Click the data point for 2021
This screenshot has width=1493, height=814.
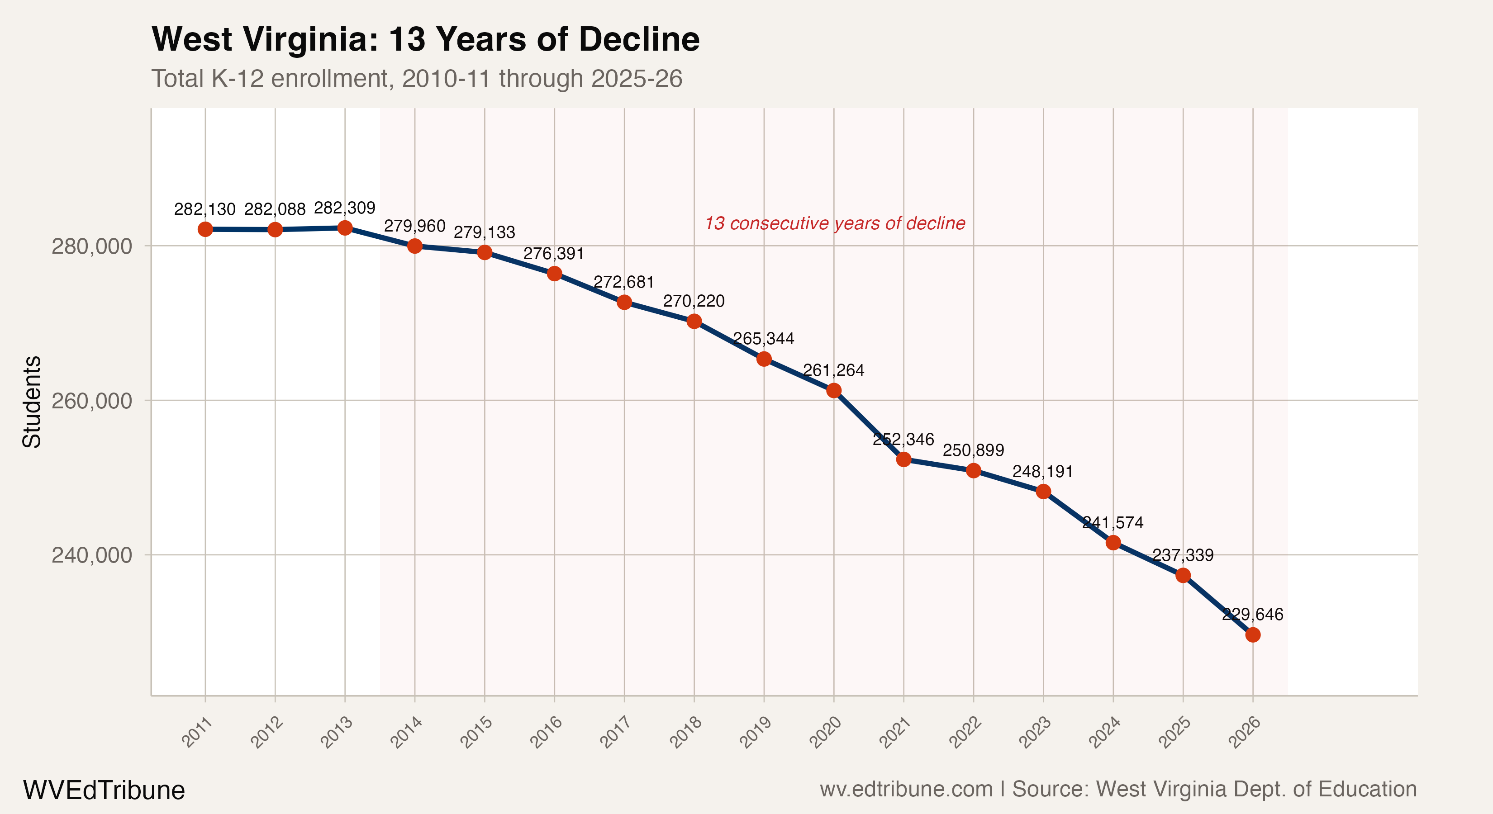903,459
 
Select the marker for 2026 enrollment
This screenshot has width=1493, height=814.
1252,634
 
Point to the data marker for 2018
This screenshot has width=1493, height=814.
694,321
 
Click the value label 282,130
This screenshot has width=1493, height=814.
204,209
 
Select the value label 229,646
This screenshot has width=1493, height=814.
1252,614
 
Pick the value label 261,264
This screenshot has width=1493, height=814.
833,370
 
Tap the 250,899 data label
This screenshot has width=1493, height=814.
973,450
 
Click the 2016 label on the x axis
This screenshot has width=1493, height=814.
547,732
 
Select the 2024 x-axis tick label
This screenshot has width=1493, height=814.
1105,732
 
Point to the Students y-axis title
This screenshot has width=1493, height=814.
31,402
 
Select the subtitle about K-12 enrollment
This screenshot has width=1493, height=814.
416,78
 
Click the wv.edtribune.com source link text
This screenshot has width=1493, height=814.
906,789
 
